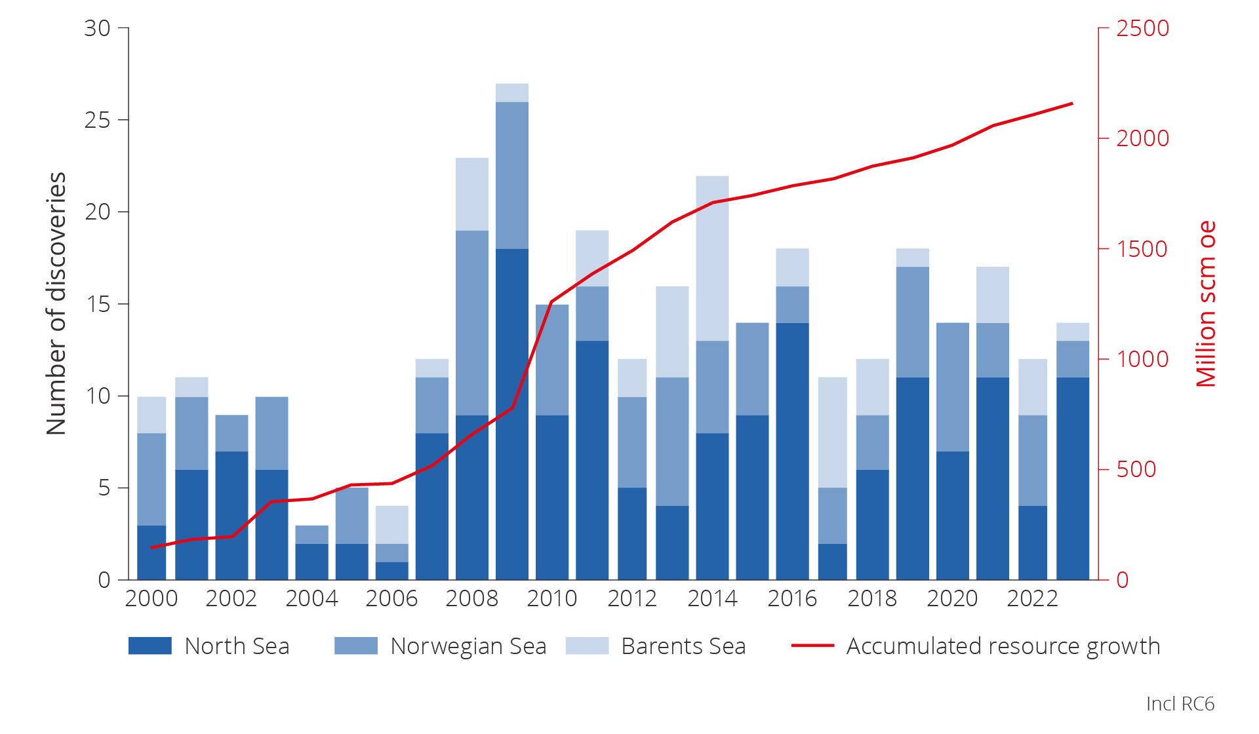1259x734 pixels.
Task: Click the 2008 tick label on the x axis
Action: coord(471,598)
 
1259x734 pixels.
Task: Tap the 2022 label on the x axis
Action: coord(1032,598)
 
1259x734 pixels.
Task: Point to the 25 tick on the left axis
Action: coord(97,120)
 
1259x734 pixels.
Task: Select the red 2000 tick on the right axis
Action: coord(1142,138)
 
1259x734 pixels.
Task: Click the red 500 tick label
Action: coord(1136,469)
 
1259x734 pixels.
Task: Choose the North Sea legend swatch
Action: coord(150,646)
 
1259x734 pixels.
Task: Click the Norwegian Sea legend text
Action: coord(468,646)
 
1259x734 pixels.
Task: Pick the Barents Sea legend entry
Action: coord(683,646)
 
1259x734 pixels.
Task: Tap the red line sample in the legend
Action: coord(812,646)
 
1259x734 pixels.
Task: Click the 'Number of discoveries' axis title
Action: coord(56,303)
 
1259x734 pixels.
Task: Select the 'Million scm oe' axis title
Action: coord(1206,303)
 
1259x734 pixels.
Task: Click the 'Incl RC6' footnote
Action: coord(1180,704)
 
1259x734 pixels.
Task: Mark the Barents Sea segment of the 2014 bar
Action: coord(712,258)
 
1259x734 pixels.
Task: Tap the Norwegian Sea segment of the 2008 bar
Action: coord(472,322)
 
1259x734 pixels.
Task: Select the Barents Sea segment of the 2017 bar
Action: coord(833,432)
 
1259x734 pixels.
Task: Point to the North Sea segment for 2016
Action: coord(792,451)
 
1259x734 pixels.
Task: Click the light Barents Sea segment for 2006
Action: coord(392,524)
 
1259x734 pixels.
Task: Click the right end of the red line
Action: coord(1072,104)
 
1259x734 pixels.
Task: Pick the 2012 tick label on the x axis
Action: coord(631,598)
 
